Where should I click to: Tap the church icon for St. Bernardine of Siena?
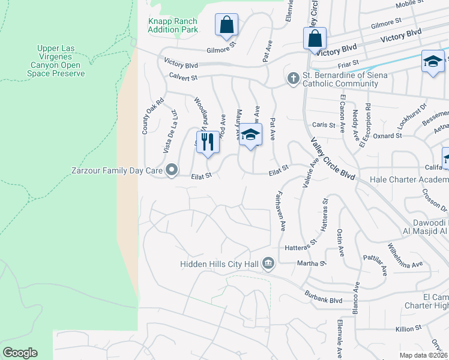[x=293, y=79]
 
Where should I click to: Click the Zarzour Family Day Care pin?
[x=172, y=171]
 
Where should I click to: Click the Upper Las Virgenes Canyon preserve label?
[x=61, y=61]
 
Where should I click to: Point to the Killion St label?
[x=409, y=329]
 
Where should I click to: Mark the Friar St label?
[x=348, y=62]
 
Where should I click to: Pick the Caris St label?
[x=324, y=124]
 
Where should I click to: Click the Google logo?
[x=20, y=353]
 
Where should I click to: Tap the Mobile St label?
[x=410, y=4]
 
